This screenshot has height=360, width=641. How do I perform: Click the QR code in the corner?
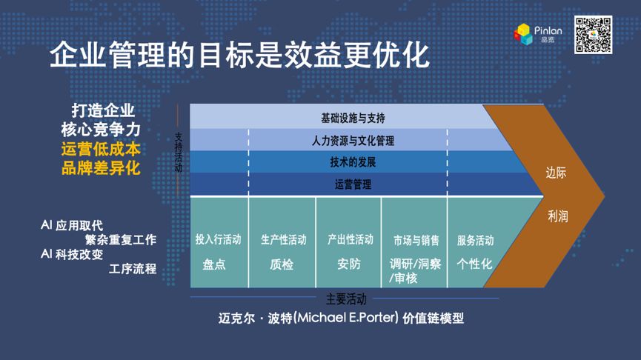coord(593,35)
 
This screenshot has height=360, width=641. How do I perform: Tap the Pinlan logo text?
coord(548,30)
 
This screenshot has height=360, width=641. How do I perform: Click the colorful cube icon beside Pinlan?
coord(523,34)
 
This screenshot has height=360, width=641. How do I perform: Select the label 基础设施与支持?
coord(353,119)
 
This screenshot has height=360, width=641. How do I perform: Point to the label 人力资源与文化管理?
coord(353,141)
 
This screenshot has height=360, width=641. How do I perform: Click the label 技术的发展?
coord(353,162)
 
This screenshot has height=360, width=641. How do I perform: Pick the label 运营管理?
coord(353,184)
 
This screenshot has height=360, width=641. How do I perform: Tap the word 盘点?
coord(214,264)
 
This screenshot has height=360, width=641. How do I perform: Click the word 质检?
coord(282,264)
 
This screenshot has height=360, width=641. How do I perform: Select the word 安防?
coord(349,264)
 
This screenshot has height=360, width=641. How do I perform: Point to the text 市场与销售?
coord(416,240)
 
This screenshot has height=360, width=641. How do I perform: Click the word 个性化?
coord(474,264)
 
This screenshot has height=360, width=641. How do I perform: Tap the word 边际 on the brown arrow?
coord(556,173)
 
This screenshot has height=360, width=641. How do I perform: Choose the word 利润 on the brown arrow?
coord(557,216)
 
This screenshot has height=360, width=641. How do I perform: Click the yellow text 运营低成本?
coord(101,149)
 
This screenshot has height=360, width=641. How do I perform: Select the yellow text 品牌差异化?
coord(101,168)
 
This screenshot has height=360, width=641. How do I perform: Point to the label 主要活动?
coord(346,299)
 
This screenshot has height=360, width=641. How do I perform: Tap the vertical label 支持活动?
coord(179,152)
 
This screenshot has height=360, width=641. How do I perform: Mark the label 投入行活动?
coord(219,239)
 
